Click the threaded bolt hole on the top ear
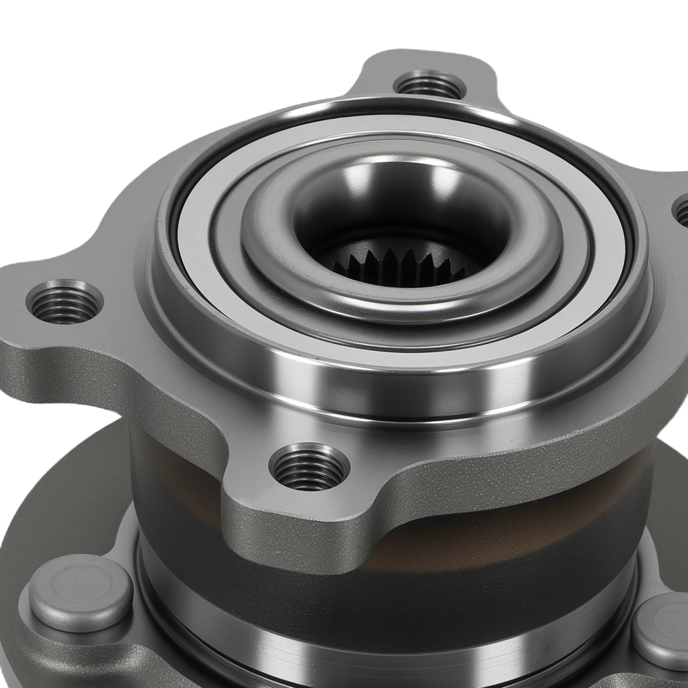430,86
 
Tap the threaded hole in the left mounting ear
65,302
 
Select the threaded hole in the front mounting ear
309,468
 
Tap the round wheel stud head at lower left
80,592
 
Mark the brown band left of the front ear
179,482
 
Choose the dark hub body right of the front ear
550,516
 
